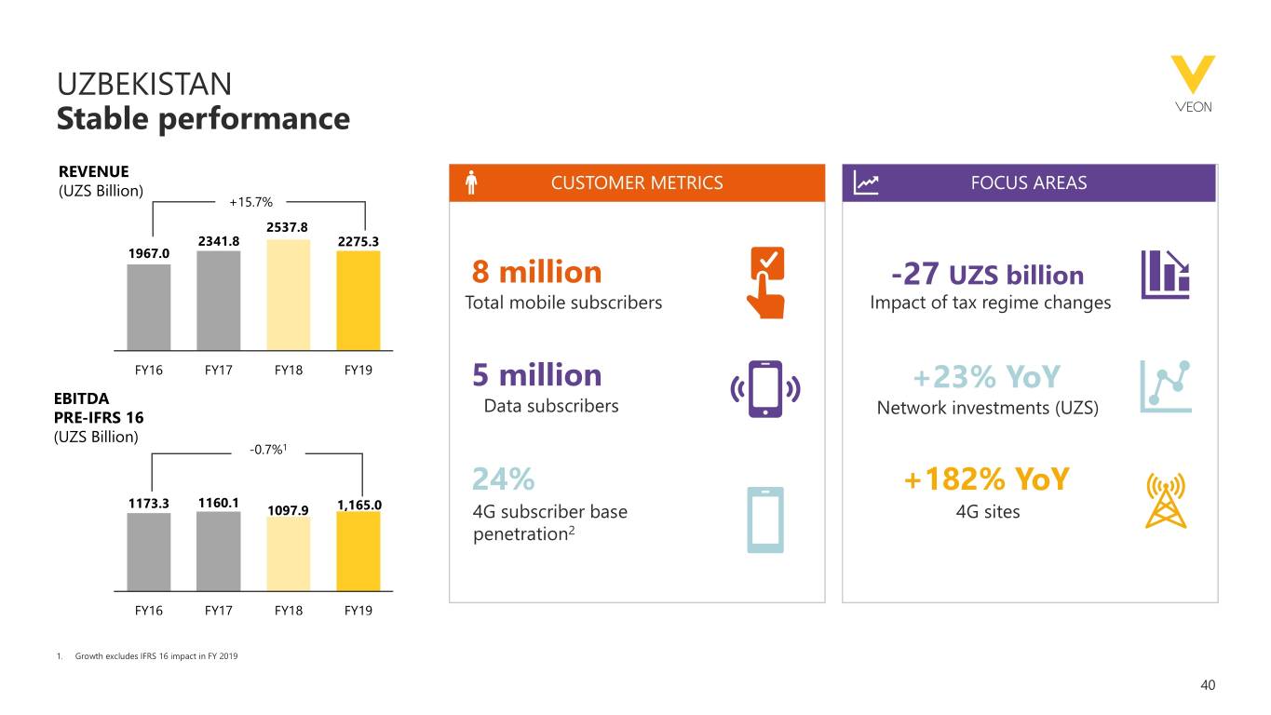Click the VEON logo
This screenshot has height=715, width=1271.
point(1193,84)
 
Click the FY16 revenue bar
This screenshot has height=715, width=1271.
point(149,306)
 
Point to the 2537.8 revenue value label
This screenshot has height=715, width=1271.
point(288,227)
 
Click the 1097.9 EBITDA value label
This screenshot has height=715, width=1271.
point(288,510)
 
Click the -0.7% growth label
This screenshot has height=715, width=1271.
point(267,452)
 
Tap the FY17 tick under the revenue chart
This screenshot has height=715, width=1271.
point(218,370)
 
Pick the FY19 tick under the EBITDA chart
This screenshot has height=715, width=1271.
point(358,611)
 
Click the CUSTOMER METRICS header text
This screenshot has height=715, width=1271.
point(637,183)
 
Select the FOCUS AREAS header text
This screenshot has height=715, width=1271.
point(1029,183)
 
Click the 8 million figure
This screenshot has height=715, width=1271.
point(537,273)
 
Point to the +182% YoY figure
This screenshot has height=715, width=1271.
point(987,480)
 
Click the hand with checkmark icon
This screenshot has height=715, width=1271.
point(766,282)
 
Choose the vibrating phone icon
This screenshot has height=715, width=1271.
point(766,389)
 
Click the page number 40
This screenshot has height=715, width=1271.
point(1208,686)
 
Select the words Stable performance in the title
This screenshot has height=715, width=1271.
point(203,119)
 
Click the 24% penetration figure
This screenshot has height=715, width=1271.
point(504,479)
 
